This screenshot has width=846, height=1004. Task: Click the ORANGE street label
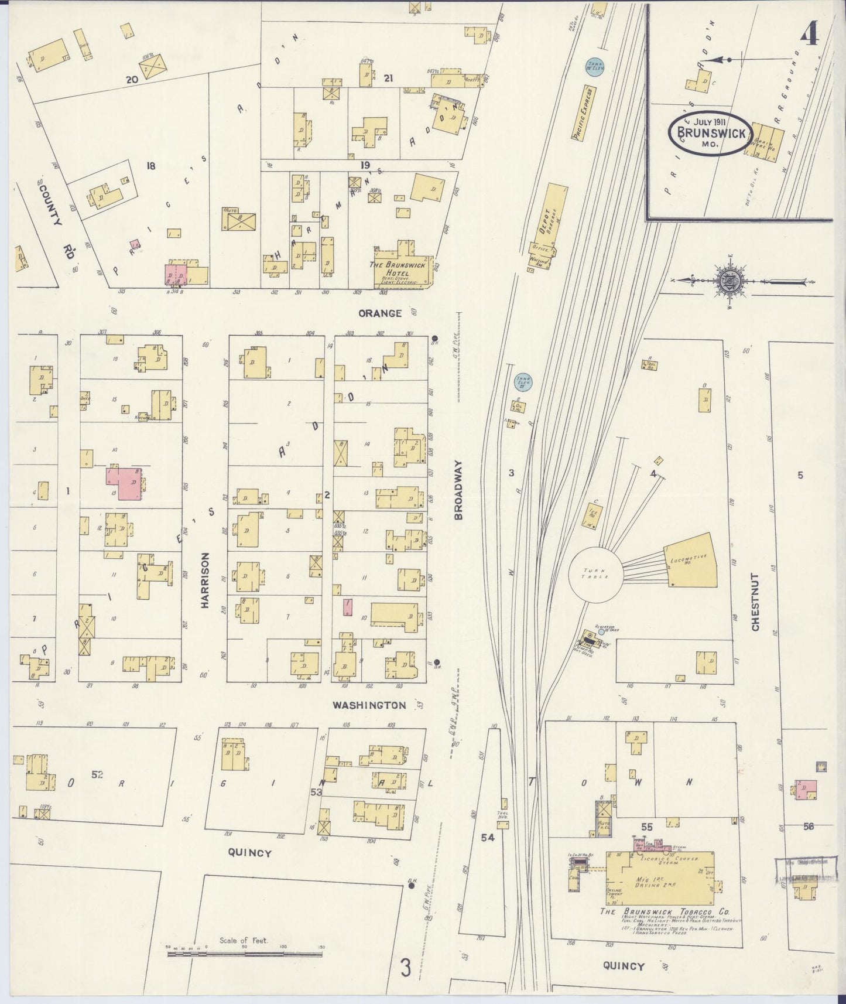380,313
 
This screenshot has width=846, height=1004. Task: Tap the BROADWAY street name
458,490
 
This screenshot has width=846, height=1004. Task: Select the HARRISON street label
205,580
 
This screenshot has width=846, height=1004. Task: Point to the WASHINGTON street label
369,705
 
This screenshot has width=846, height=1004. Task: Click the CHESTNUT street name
755,602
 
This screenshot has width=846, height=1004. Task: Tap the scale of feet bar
244,954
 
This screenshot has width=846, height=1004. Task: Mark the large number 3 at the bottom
406,968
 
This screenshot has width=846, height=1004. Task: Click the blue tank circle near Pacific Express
595,67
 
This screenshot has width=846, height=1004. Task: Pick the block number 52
97,774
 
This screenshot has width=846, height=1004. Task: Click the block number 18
151,166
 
